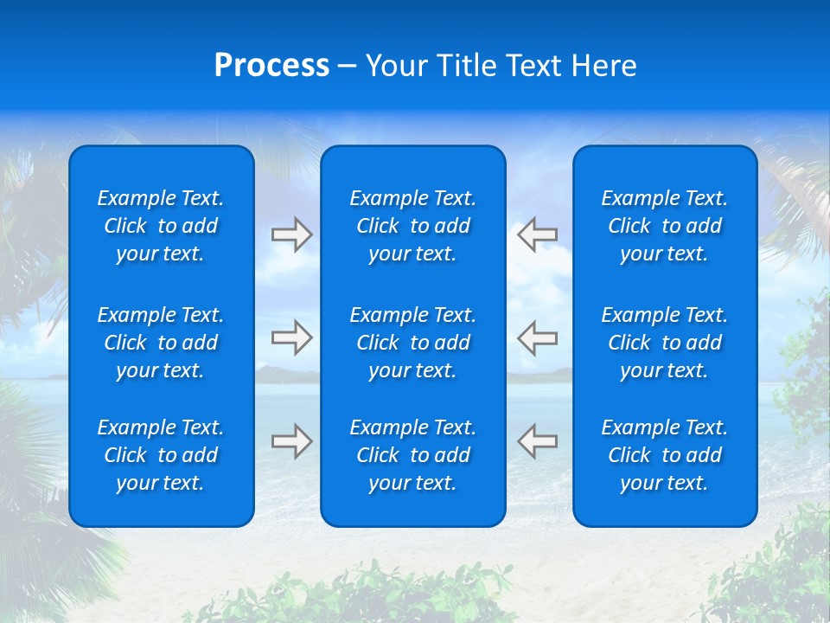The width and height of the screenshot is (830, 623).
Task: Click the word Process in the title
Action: pyautogui.click(x=271, y=65)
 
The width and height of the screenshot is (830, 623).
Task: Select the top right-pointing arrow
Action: pyautogui.click(x=291, y=234)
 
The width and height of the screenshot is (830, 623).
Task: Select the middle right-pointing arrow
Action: pyautogui.click(x=291, y=337)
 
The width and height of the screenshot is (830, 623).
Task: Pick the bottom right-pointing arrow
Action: pyautogui.click(x=291, y=440)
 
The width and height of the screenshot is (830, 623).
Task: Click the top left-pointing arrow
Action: pyautogui.click(x=538, y=234)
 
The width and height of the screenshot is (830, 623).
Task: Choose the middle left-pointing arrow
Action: pyautogui.click(x=538, y=337)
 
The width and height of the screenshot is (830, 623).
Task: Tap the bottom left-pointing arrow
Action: pyautogui.click(x=538, y=440)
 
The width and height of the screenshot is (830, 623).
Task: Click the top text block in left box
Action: pyautogui.click(x=161, y=226)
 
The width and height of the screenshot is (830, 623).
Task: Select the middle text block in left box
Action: pyautogui.click(x=161, y=343)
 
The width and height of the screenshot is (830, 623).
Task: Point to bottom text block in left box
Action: pyautogui.click(x=161, y=455)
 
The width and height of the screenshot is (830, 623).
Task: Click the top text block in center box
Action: pyautogui.click(x=413, y=226)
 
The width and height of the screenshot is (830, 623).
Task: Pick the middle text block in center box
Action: pyautogui.click(x=413, y=343)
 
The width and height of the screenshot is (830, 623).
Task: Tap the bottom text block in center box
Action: pyautogui.click(x=413, y=455)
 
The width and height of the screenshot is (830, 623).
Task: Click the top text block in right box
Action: pyautogui.click(x=665, y=226)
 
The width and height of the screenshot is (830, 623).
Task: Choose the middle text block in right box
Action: pyautogui.click(x=665, y=343)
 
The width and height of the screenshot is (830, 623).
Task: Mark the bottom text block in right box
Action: pyautogui.click(x=665, y=455)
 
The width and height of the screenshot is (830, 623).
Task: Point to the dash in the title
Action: pyautogui.click(x=348, y=67)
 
